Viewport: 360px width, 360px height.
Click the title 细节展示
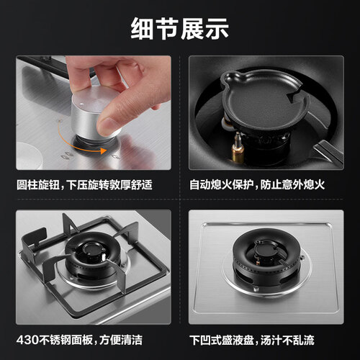[179, 29]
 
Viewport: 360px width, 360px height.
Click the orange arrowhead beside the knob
[103, 150]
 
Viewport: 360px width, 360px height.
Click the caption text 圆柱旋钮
[38, 185]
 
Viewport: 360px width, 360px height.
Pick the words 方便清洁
[121, 340]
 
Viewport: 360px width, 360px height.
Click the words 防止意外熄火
[292, 185]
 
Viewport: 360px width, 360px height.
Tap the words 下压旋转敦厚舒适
[109, 185]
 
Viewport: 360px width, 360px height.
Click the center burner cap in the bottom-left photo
[94, 250]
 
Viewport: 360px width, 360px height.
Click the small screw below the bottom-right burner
[256, 289]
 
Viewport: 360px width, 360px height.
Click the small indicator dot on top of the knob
[81, 104]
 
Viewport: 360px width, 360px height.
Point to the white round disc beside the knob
[29, 156]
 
